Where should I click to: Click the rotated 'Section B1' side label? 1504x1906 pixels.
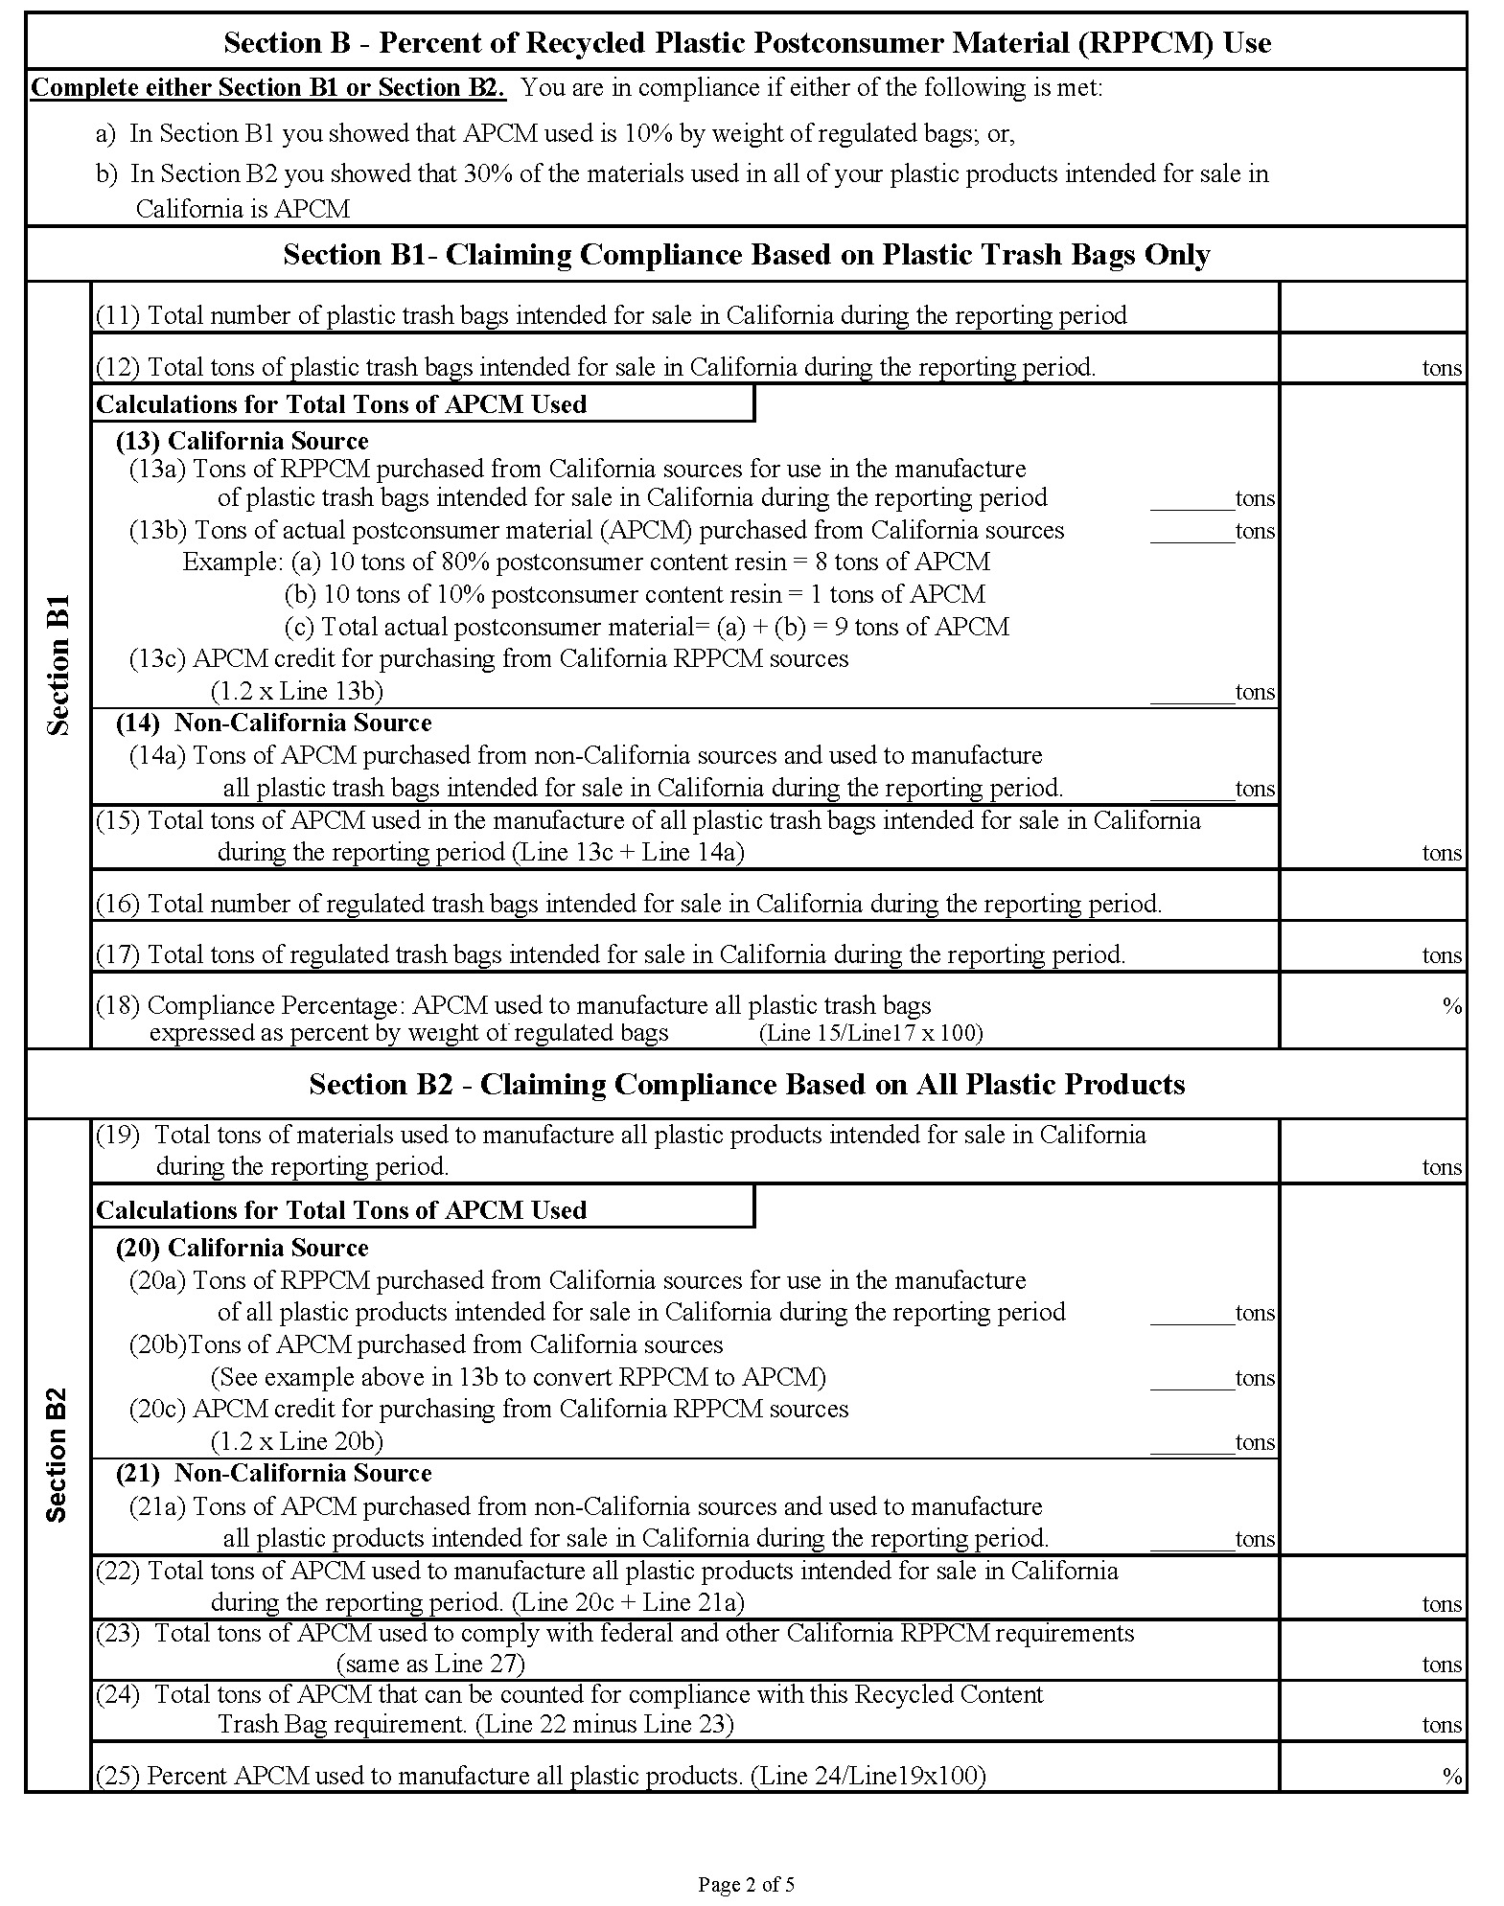point(58,665)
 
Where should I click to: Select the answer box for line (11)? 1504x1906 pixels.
point(1372,308)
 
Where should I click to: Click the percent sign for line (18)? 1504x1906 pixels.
point(1451,1006)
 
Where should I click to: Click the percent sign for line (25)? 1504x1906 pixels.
point(1451,1776)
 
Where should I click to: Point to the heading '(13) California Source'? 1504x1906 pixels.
point(242,441)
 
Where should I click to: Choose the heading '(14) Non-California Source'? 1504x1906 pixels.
point(273,723)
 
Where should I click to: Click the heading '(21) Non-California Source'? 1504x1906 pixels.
point(273,1473)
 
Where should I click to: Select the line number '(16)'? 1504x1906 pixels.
point(118,904)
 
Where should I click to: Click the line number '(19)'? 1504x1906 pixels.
point(118,1135)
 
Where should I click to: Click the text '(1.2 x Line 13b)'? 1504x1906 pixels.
point(296,691)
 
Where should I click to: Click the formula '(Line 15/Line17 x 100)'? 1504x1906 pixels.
point(870,1033)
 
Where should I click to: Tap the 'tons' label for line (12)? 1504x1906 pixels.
point(1441,368)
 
